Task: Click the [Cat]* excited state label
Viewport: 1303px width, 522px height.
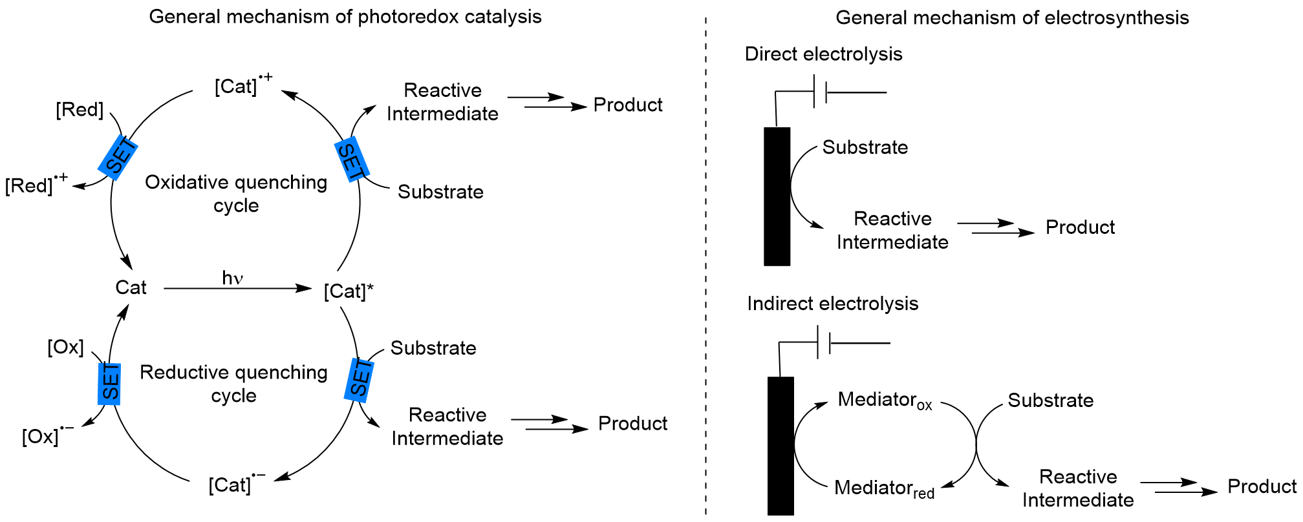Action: [x=349, y=291]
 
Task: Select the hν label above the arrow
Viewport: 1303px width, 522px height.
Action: [x=232, y=278]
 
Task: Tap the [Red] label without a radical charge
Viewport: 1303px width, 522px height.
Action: [x=80, y=110]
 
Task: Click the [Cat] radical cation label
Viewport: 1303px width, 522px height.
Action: [x=243, y=85]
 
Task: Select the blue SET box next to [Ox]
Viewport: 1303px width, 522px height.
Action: [x=109, y=384]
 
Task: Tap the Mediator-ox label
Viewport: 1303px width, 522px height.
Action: [x=885, y=401]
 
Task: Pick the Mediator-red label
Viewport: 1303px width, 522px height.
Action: [x=884, y=488]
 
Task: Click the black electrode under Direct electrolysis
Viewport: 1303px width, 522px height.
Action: [x=777, y=196]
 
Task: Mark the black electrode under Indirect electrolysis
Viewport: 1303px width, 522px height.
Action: [x=781, y=446]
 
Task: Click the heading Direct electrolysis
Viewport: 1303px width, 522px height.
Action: [x=823, y=54]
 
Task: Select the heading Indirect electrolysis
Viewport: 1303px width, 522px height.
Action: [x=832, y=304]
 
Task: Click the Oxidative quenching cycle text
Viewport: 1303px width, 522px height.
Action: [x=236, y=193]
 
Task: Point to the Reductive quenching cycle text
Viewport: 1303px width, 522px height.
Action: [x=234, y=383]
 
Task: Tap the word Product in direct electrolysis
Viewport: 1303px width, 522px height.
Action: [x=1080, y=227]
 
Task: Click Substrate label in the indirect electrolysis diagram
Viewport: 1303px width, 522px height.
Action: [x=1050, y=401]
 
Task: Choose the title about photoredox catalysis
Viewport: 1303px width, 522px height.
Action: [x=345, y=17]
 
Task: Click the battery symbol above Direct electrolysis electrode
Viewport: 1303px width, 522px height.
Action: [x=820, y=92]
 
